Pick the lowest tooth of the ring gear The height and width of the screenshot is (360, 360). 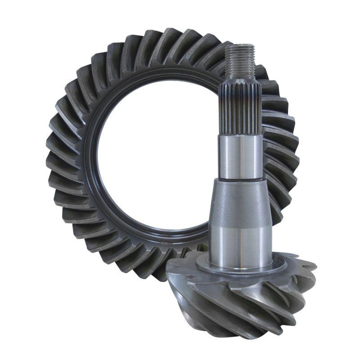coord(148,270)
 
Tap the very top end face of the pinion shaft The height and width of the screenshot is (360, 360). coord(240,45)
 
